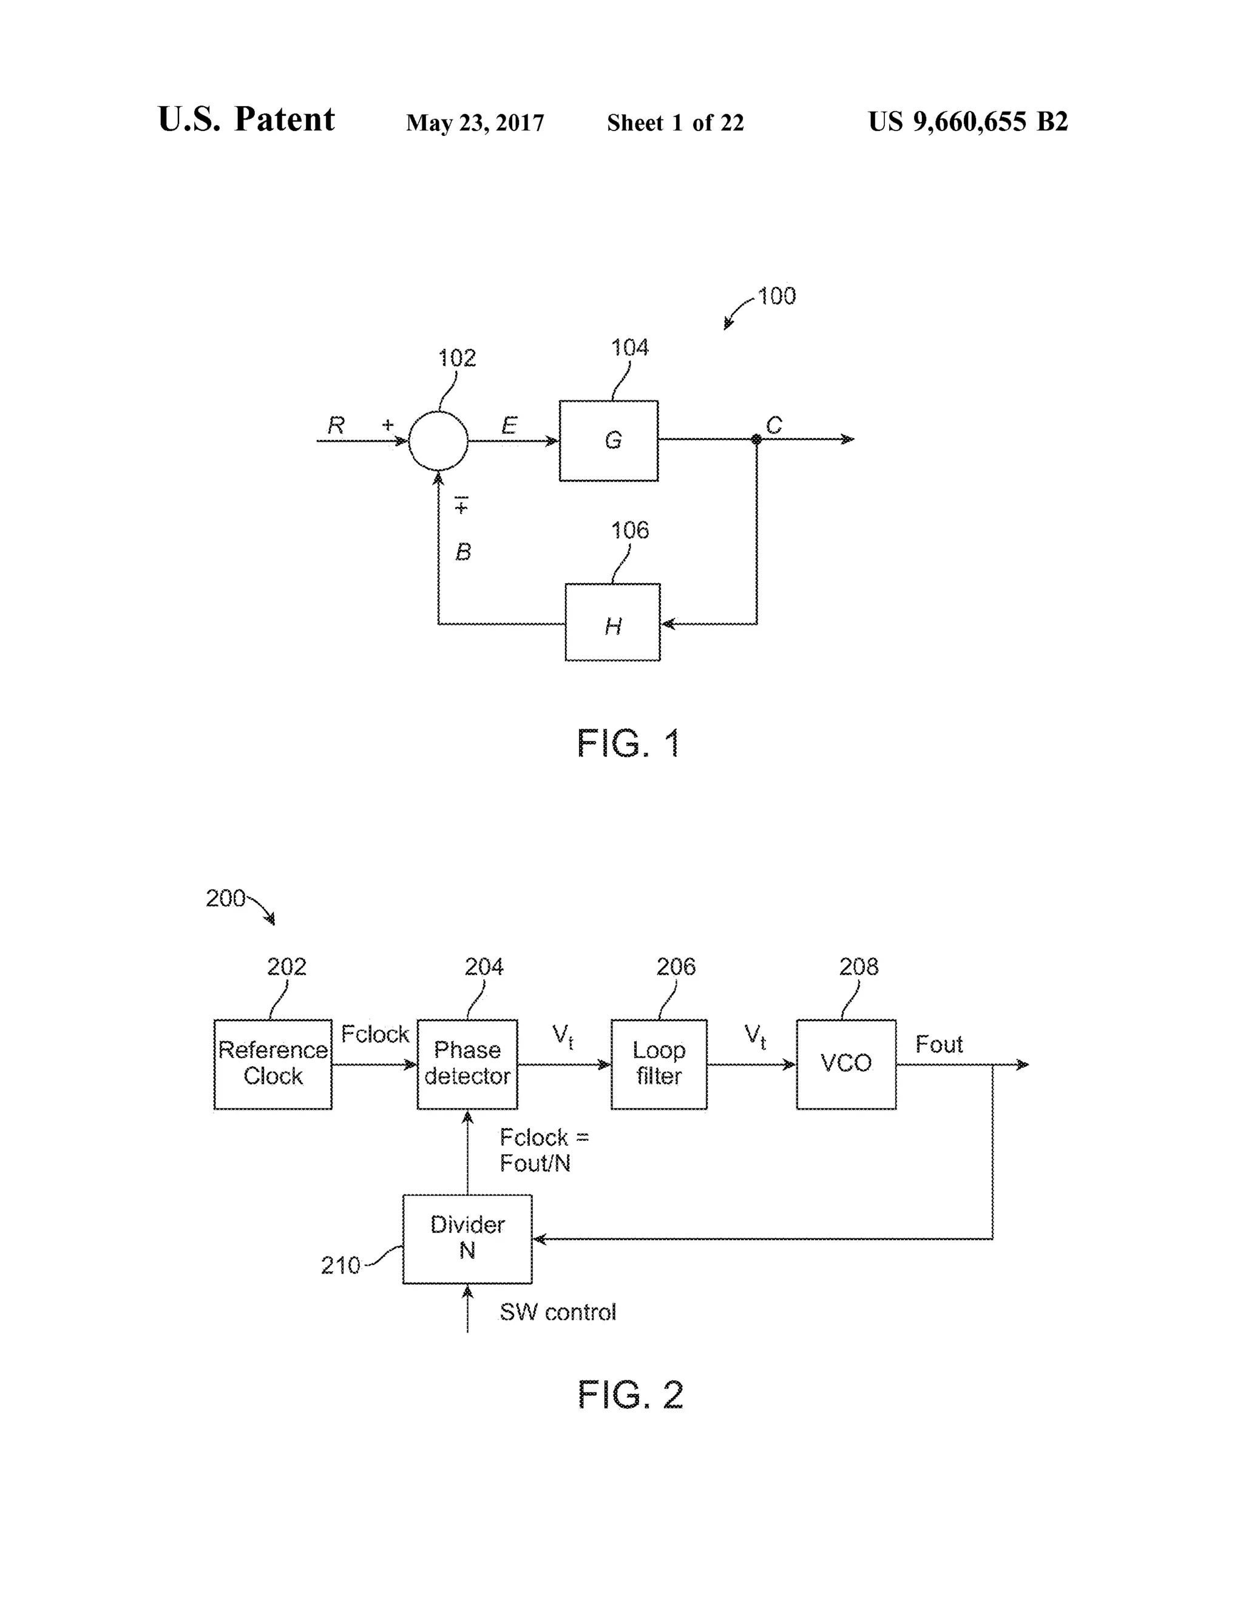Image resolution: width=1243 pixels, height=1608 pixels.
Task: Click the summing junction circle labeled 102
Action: [x=438, y=441]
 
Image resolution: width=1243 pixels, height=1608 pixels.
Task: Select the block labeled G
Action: [x=608, y=441]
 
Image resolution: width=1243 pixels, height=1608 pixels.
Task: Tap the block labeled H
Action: [x=612, y=622]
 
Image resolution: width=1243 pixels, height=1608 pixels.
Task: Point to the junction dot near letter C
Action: [x=756, y=439]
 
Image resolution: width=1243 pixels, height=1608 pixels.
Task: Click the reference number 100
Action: [x=776, y=296]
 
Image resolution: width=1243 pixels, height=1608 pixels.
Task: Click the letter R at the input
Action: [x=336, y=425]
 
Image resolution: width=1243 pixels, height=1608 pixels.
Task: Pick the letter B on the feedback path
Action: [x=463, y=552]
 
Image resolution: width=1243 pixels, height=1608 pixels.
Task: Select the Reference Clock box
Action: [x=273, y=1064]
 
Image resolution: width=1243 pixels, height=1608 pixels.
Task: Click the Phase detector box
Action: [x=467, y=1064]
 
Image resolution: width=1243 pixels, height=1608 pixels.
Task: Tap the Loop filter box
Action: [x=659, y=1064]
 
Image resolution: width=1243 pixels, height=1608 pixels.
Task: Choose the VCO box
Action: [x=845, y=1064]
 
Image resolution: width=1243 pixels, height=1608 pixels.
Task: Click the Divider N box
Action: [x=467, y=1239]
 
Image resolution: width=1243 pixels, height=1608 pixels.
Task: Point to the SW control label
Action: [x=557, y=1312]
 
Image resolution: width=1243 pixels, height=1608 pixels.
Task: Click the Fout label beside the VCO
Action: [x=939, y=1044]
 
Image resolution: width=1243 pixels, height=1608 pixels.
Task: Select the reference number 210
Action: [x=340, y=1266]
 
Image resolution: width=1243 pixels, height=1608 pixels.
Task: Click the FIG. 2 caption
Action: [x=631, y=1395]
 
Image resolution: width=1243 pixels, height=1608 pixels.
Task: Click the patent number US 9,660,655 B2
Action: [x=967, y=121]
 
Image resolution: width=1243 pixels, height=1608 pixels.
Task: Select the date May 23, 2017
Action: [x=475, y=122]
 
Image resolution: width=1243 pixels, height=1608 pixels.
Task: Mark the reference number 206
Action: [x=676, y=967]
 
